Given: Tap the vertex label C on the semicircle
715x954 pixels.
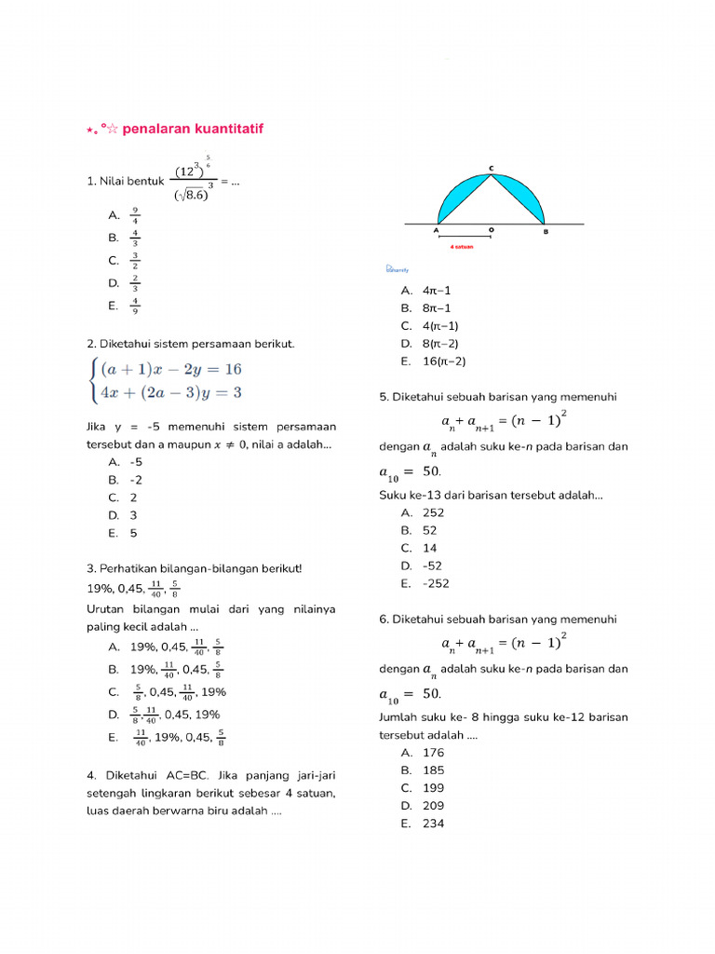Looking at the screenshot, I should click(492, 168).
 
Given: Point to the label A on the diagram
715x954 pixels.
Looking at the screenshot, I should click(437, 231).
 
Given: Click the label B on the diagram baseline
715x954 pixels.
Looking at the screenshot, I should click(546, 231).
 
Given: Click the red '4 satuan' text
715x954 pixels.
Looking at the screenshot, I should click(463, 248).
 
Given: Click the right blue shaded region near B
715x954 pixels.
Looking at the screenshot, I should click(527, 197).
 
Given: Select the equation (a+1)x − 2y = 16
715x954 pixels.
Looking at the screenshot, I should click(171, 369).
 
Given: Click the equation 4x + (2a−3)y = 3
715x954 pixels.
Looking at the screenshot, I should click(171, 393).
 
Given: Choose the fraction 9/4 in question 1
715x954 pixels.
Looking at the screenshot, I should click(136, 215).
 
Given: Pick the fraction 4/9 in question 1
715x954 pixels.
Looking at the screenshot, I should click(136, 306).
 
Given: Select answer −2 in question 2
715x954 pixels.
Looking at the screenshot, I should click(136, 480).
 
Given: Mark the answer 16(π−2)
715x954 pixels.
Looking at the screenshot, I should click(444, 361).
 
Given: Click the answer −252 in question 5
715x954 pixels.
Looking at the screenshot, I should click(435, 584).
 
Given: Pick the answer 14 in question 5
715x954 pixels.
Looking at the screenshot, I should click(430, 549).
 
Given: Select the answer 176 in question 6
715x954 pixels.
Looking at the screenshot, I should click(433, 753).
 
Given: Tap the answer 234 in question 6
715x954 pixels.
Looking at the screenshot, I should click(433, 824).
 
